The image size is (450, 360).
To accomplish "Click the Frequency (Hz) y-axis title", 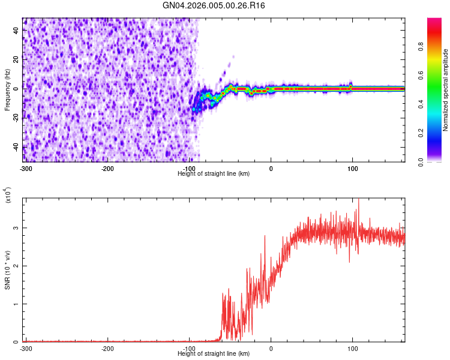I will coord(7,91).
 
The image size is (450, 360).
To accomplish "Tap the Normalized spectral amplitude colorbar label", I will coord(445,90).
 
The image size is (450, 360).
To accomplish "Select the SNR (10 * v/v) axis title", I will coord(7,269).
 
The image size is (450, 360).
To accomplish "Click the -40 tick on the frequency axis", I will coord(16,147).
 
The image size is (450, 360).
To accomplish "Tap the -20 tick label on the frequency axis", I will coord(16,118).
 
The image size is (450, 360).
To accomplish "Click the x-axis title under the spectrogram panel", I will coord(214,173).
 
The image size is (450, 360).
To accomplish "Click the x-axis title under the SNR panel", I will coord(214,353).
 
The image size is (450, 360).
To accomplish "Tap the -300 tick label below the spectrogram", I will coord(26,169).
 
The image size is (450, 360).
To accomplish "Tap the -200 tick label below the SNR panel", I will coord(107,348).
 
